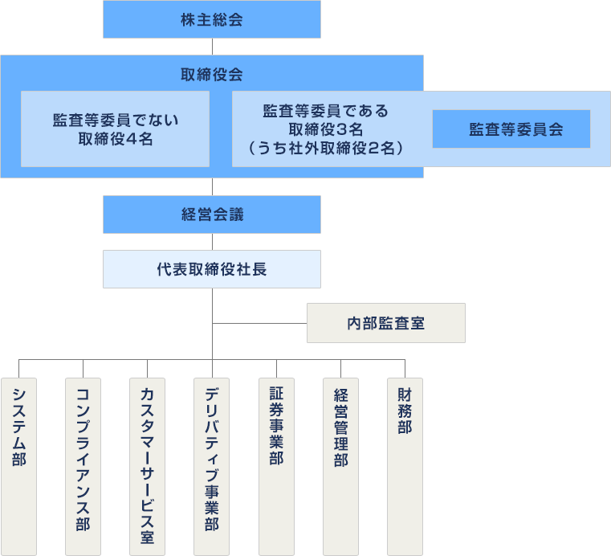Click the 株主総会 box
click(x=212, y=20)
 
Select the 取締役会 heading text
click(x=212, y=75)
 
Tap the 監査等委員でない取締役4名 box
click(x=116, y=129)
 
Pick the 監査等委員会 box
click(x=511, y=129)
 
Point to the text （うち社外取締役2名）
click(x=325, y=147)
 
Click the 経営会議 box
click(x=212, y=215)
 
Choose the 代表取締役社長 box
click(x=212, y=269)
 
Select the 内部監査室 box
click(x=386, y=323)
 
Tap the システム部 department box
click(x=18, y=466)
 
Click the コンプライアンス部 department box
click(x=83, y=466)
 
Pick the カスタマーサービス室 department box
click(x=147, y=466)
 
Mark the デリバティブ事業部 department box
click(x=212, y=466)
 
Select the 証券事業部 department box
click(x=276, y=466)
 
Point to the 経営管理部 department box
click(x=340, y=466)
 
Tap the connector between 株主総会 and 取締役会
click(x=212, y=47)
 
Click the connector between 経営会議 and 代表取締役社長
click(x=212, y=242)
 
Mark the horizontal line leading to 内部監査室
click(x=259, y=324)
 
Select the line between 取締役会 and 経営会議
click(x=212, y=186)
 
